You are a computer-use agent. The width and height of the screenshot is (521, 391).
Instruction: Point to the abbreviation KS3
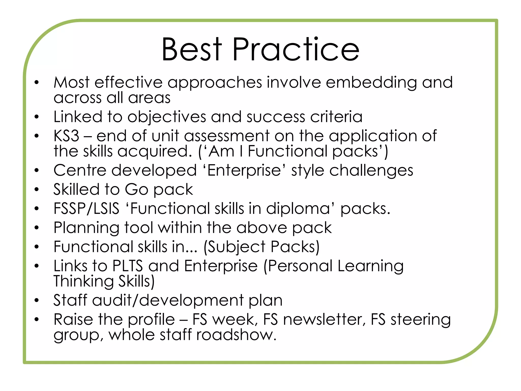(66, 136)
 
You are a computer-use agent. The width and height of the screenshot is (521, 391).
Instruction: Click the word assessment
(227, 136)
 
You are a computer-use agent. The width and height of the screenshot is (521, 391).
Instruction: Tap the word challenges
(371, 171)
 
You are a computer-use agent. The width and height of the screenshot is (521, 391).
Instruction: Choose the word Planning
(86, 228)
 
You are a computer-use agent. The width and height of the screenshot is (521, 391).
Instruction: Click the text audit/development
(168, 300)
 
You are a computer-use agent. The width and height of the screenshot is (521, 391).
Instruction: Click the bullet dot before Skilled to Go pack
(37, 190)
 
